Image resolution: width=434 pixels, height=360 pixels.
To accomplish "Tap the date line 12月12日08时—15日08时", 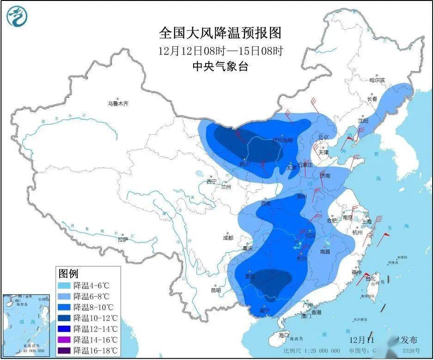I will click(x=220, y=50).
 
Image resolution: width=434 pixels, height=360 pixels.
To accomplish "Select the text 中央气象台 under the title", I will click(x=220, y=67).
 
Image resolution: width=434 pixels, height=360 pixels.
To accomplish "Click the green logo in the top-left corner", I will click(x=17, y=17).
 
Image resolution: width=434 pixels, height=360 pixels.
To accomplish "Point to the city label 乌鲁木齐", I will click(x=118, y=104).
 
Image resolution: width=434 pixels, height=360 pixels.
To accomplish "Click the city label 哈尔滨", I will click(x=377, y=80).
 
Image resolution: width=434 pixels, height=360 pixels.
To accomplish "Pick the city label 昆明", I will click(x=216, y=291).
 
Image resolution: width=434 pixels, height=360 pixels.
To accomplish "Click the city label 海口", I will click(x=283, y=334).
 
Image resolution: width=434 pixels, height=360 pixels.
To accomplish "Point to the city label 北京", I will click(x=323, y=137).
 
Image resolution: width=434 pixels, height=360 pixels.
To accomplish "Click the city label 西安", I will click(x=265, y=203).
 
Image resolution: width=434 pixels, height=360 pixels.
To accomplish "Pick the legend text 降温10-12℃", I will click(x=97, y=318).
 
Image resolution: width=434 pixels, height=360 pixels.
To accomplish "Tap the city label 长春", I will click(x=372, y=99).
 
